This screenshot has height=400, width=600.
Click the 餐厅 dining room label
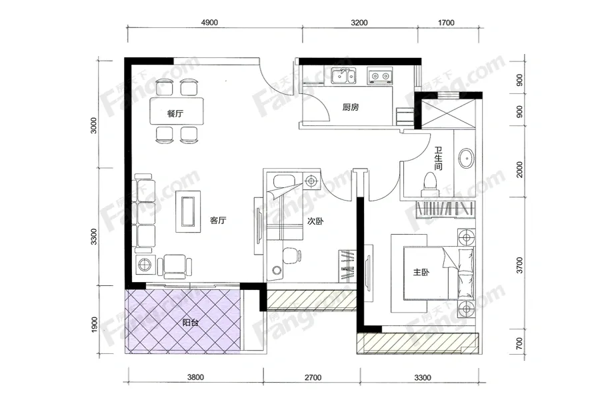[x=175, y=114]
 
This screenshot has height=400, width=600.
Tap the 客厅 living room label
[x=218, y=220]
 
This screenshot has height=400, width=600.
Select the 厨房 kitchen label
[x=351, y=107]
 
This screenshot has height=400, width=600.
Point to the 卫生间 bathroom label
[x=439, y=159]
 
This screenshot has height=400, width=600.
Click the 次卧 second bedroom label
[x=316, y=221]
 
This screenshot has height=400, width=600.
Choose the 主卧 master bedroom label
[x=421, y=272]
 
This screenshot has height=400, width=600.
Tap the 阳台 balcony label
[x=190, y=323]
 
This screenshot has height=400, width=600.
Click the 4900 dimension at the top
[x=209, y=23]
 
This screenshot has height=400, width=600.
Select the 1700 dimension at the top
[x=446, y=23]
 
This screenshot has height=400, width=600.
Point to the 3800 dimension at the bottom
[x=195, y=377]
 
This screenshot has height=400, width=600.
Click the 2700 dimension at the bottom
[x=313, y=378]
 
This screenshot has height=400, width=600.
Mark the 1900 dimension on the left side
[x=94, y=325]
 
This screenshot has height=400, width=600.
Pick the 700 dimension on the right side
[x=519, y=343]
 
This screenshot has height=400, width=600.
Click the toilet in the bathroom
[x=429, y=185]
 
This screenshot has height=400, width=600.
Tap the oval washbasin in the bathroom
[x=467, y=158]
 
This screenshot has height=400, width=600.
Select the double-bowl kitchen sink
[x=343, y=76]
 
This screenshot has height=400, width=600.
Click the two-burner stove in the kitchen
[x=380, y=76]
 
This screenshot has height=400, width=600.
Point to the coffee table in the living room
[x=188, y=212]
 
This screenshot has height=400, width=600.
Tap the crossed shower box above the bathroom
[x=449, y=113]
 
